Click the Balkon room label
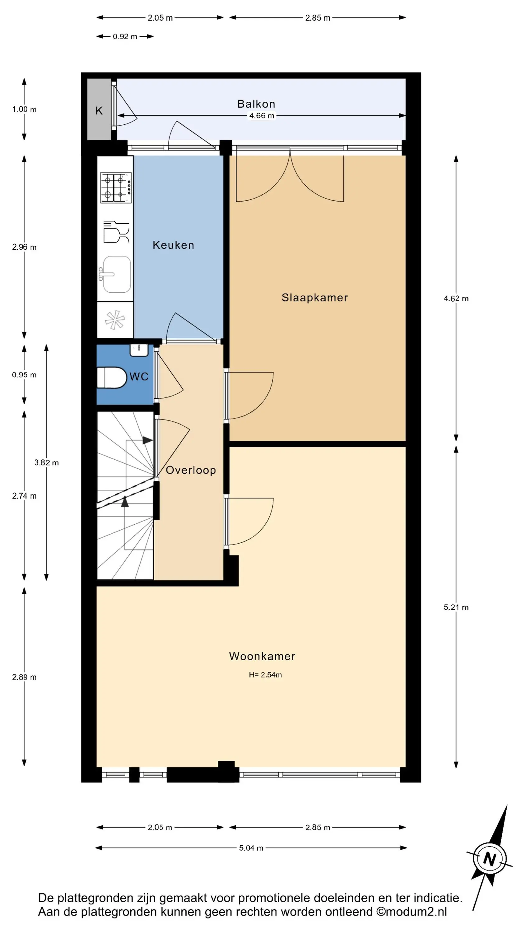256,104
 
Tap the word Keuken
173,245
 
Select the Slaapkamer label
314,297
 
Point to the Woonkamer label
262,656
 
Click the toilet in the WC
112,378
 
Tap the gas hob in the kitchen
116,187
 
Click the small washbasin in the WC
139,350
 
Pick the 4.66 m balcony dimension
262,116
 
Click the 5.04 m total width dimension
251,848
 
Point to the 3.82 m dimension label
46,462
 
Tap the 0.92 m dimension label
125,37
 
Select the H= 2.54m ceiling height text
265,675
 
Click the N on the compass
490,859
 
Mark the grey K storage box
99,109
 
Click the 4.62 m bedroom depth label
456,299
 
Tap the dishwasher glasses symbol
116,231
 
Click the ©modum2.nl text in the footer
411,912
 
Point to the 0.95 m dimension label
24,375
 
